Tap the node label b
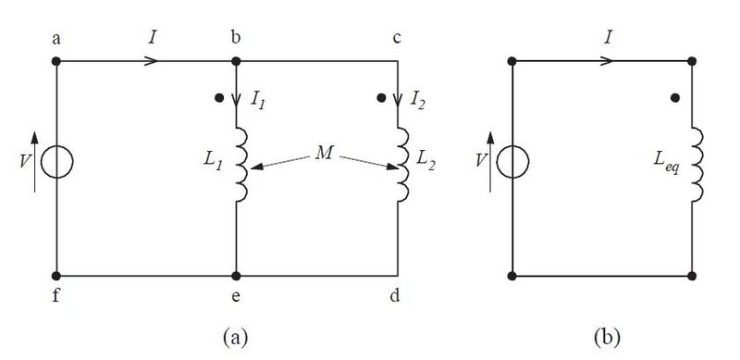236,39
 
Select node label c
398,39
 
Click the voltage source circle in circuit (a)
56,163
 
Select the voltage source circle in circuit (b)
513,163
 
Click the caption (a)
237,334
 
